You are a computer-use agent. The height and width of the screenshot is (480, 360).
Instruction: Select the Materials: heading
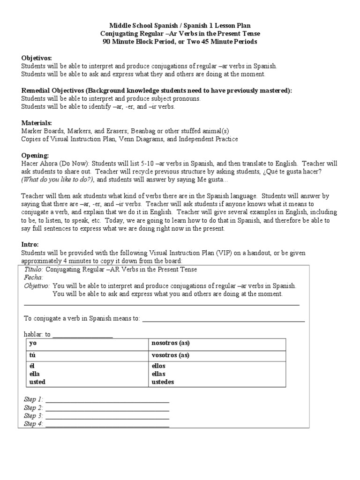(x=37, y=123)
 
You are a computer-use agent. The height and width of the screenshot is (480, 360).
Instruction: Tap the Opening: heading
(x=35, y=155)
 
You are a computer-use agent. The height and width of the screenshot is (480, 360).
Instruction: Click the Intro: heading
(x=30, y=244)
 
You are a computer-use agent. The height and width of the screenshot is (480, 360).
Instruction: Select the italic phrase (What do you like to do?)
(x=58, y=180)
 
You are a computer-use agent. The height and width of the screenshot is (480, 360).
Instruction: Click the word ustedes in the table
(x=163, y=382)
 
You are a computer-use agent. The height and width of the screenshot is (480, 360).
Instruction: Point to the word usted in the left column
(x=37, y=382)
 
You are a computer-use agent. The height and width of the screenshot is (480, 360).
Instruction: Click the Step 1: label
(x=33, y=399)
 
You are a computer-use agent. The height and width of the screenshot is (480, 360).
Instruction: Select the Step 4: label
(x=33, y=424)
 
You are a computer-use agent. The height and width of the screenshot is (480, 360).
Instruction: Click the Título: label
(x=33, y=270)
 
